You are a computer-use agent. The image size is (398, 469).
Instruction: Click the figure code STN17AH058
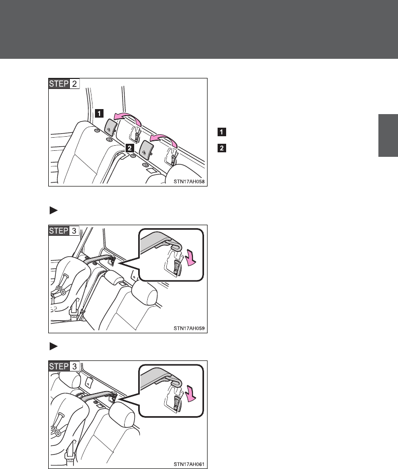(x=189, y=181)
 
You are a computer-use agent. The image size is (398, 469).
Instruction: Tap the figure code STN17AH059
(x=189, y=328)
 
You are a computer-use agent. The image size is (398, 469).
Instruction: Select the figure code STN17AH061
(x=189, y=464)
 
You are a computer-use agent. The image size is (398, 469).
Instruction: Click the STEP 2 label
(x=64, y=83)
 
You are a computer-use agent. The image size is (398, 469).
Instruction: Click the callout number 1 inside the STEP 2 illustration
(x=99, y=114)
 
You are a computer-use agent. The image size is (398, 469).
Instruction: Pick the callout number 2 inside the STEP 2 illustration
(x=130, y=148)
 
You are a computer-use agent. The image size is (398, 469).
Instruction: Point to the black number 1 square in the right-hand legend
(x=222, y=132)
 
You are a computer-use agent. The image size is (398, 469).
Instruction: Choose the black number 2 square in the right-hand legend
(x=222, y=148)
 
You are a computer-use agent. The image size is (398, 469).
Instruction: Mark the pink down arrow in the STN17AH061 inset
(x=190, y=394)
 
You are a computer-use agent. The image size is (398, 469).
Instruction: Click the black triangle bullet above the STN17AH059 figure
(x=54, y=210)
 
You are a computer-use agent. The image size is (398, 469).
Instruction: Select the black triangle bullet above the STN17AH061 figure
(x=54, y=346)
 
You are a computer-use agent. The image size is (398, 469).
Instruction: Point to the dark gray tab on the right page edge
(x=388, y=135)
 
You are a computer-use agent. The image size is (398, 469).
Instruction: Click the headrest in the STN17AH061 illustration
(x=122, y=414)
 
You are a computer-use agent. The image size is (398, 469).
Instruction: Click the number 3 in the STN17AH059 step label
(x=74, y=231)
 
